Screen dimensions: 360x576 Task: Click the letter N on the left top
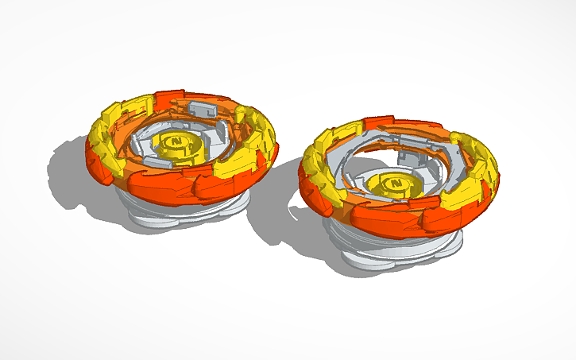(x=177, y=141)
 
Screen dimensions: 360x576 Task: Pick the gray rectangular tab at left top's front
(x=157, y=164)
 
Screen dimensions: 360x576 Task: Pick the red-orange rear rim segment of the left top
(x=171, y=99)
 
